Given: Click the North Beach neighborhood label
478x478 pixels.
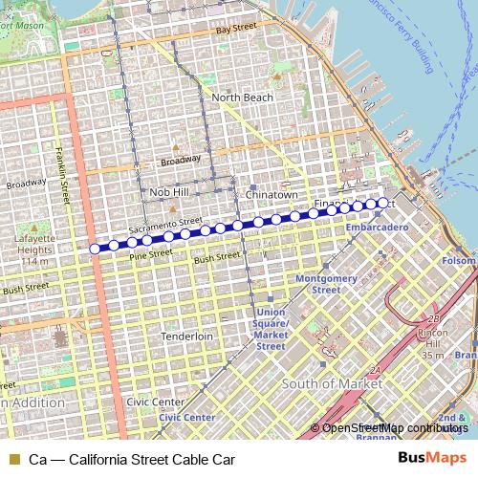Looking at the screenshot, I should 242,98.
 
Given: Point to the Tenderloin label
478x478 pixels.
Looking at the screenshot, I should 186,337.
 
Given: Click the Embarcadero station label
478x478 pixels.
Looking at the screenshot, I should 378,228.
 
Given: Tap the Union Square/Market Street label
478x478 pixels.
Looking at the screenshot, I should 271,329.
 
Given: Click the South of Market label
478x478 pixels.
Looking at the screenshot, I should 332,383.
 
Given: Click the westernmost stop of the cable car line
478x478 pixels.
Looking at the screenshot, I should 95,249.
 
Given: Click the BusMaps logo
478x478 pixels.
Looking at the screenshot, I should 432,458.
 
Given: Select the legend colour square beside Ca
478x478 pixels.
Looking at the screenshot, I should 11,459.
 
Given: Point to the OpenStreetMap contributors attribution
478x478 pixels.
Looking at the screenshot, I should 394,427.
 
